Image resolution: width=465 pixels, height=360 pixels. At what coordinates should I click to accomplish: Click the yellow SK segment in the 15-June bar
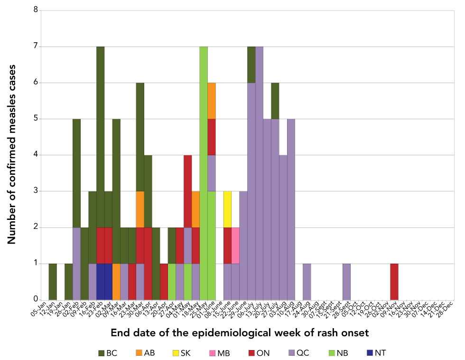(227, 209)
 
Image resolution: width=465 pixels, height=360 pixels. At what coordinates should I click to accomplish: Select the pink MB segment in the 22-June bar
(235, 245)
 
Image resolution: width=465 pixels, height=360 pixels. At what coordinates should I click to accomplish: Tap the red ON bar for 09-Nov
(394, 281)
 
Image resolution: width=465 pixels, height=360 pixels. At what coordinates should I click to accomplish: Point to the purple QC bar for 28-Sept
(346, 281)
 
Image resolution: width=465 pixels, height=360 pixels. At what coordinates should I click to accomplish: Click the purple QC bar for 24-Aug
(307, 281)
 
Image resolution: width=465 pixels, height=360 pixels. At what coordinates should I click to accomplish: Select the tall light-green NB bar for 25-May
(204, 173)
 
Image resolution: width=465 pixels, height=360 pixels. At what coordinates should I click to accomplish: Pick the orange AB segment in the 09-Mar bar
(116, 281)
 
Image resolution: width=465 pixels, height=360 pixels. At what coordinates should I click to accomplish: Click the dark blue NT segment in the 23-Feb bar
(100, 281)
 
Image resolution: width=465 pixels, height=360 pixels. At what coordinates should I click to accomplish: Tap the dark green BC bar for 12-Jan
(53, 281)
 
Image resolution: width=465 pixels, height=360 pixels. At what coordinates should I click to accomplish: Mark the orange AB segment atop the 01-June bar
(212, 101)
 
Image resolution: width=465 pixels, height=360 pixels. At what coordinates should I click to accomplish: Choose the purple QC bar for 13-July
(260, 173)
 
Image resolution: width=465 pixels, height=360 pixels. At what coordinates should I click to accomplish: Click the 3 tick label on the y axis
(36, 191)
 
